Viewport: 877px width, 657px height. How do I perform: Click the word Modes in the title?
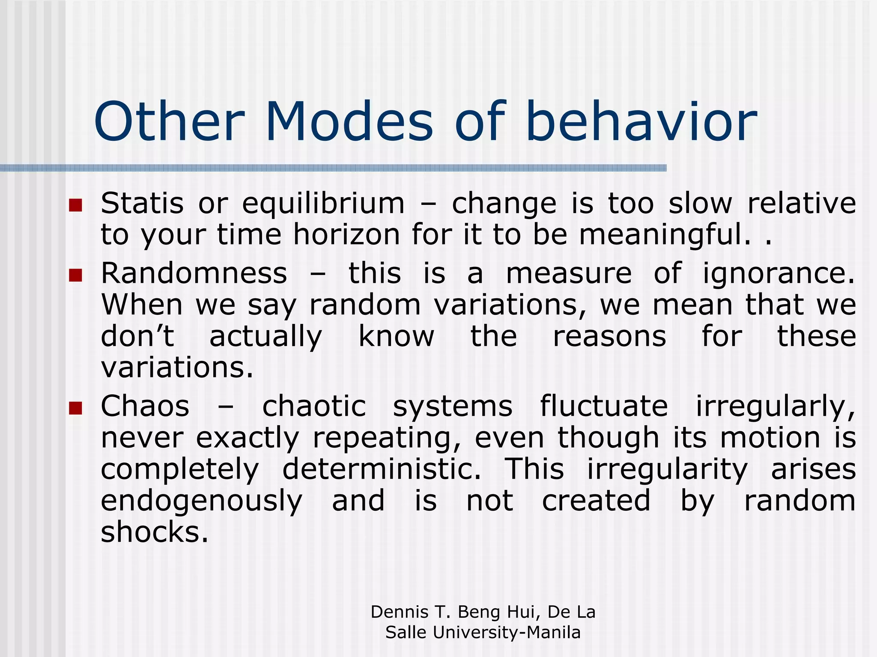coord(349,122)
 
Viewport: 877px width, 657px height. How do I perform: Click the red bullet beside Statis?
coord(75,205)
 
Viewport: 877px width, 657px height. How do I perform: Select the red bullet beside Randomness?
coord(75,275)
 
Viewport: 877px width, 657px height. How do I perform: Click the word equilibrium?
coord(323,204)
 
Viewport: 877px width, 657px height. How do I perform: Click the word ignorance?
coord(779,274)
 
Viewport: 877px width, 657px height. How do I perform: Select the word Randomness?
coord(194,274)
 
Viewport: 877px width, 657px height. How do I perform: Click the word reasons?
coord(609,337)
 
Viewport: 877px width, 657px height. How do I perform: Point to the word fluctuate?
coord(603,407)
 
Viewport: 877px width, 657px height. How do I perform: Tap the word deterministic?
coord(382,470)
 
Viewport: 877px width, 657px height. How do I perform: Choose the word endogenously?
coord(201,502)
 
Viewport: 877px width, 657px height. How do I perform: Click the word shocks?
coord(154,533)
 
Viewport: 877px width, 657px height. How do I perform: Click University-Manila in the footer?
coord(507,633)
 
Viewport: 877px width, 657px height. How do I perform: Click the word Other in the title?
coord(170,122)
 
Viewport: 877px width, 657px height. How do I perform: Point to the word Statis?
coord(142,204)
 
